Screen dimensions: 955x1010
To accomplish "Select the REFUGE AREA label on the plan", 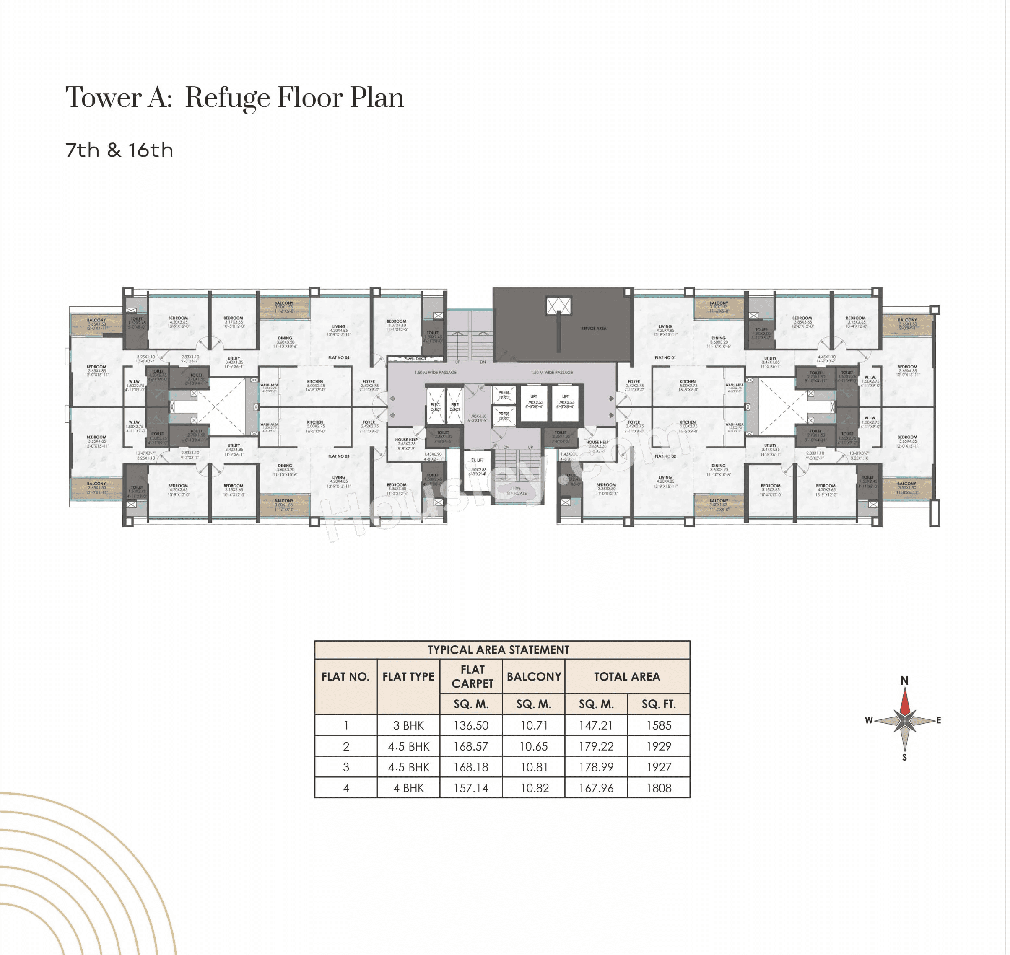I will (x=593, y=329).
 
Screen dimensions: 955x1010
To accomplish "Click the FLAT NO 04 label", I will (x=339, y=358).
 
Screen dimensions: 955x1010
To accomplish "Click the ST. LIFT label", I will (x=477, y=460).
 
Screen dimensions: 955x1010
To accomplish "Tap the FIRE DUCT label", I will (x=455, y=407).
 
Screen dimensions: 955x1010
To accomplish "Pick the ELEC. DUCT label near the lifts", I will (x=436, y=407).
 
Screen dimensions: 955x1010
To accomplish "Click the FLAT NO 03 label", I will (x=339, y=456).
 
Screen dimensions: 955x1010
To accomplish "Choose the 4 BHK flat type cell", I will (x=408, y=788).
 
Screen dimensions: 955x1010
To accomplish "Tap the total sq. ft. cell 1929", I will (x=659, y=746).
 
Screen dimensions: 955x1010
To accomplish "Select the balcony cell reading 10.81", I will (x=534, y=767).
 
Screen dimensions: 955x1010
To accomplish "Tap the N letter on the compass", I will (x=905, y=681).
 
